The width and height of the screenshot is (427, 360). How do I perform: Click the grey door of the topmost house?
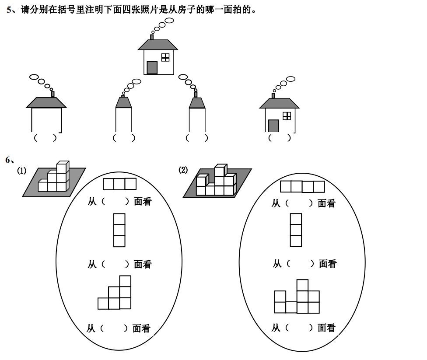tap(152, 68)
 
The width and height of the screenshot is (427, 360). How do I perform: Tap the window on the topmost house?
tap(165, 57)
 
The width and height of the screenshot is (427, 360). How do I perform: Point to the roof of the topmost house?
tap(158, 45)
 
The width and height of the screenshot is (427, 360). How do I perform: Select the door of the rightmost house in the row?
tap(273, 126)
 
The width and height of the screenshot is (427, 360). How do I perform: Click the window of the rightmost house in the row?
tap(287, 115)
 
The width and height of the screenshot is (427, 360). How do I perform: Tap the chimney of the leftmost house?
tap(53, 94)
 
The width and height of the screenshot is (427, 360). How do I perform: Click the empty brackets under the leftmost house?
tap(45, 138)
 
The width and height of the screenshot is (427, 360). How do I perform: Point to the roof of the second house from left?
tap(123, 102)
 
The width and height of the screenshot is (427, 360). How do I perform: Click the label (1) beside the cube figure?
tap(21, 171)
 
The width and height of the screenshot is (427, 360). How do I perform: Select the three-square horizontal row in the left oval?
tap(119, 184)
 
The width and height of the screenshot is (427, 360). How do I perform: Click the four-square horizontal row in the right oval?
tap(302, 187)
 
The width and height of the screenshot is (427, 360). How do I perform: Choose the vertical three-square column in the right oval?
tap(296, 230)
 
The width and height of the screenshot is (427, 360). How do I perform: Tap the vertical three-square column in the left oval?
tap(119, 230)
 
